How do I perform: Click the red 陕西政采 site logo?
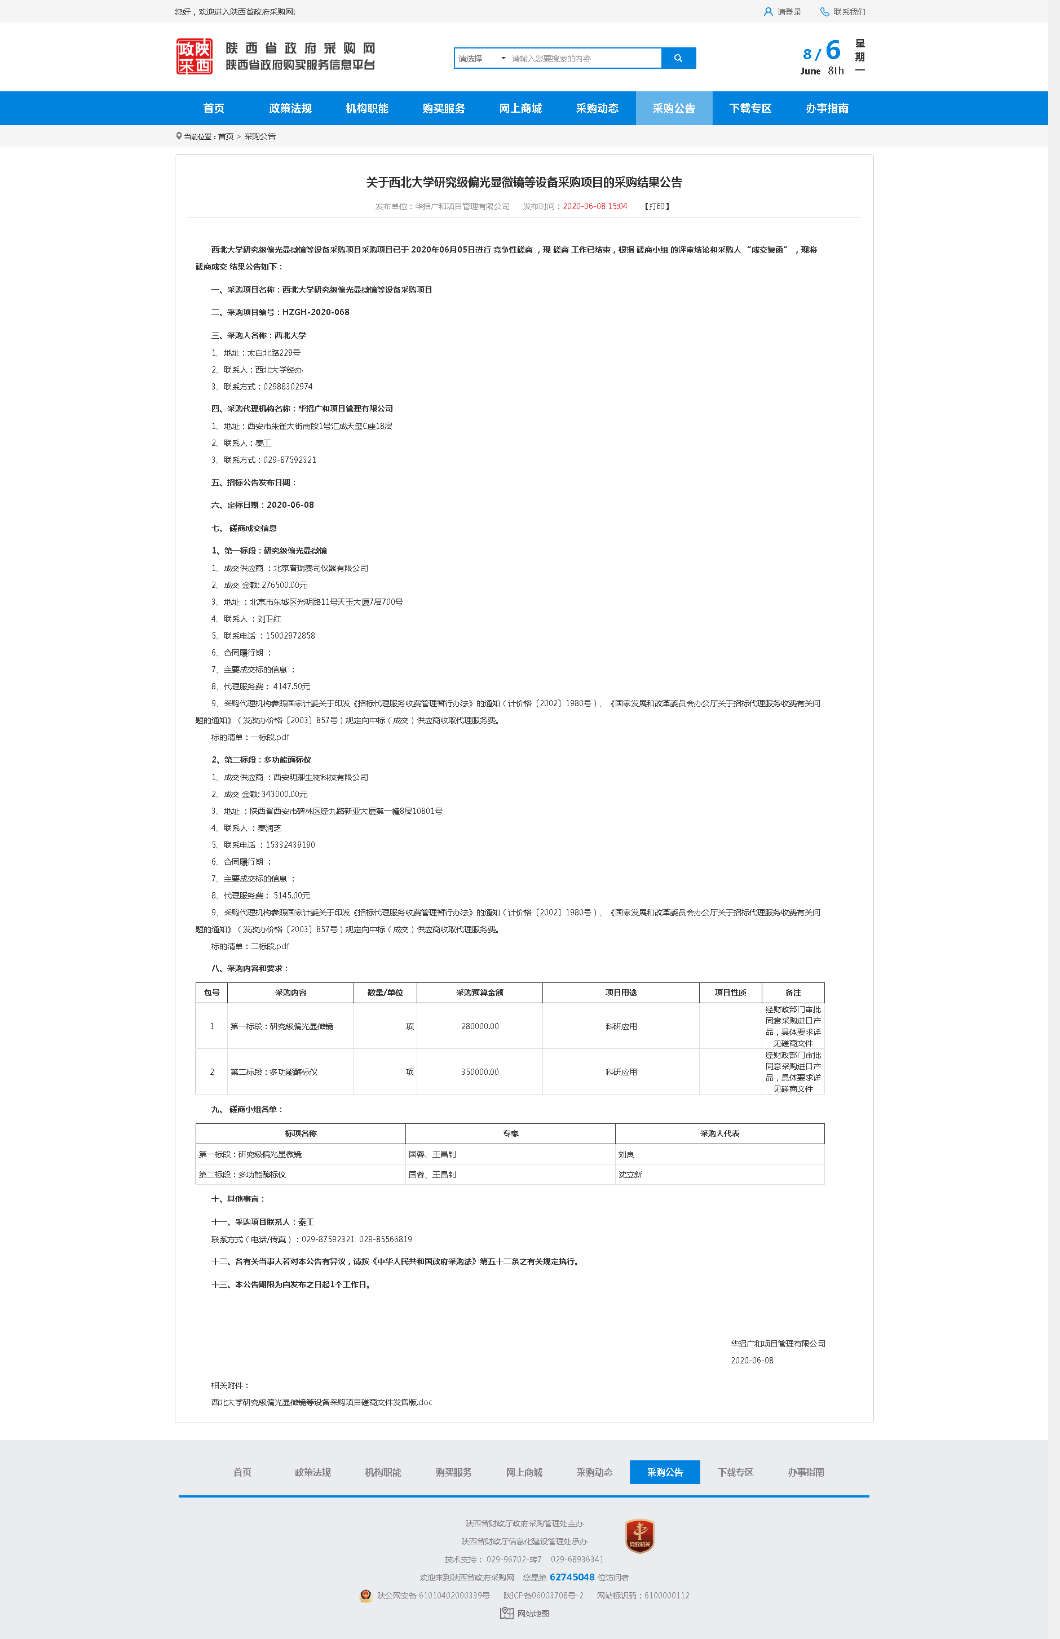[x=194, y=56]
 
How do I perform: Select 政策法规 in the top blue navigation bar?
[x=290, y=109]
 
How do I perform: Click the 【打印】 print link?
[x=657, y=206]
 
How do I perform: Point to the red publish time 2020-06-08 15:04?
[x=595, y=206]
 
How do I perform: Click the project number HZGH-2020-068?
[x=315, y=312]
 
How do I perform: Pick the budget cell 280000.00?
[x=480, y=1026]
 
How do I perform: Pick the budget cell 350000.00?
[x=480, y=1072]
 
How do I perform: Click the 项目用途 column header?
[x=621, y=992]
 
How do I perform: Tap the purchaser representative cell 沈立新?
[x=630, y=1175]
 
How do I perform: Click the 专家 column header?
[x=510, y=1133]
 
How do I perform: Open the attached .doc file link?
[x=321, y=1402]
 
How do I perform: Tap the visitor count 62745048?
[x=571, y=1577]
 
